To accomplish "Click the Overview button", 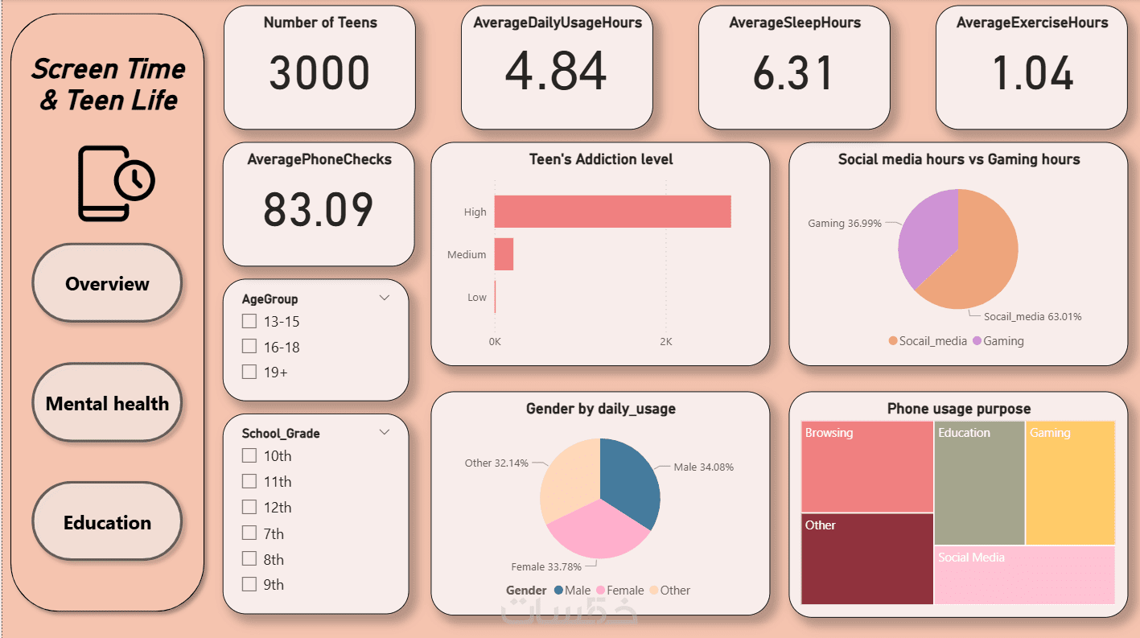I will (x=107, y=283).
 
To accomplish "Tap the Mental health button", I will (x=107, y=403).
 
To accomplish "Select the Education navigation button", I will (x=107, y=522).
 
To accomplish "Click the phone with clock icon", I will (x=115, y=183).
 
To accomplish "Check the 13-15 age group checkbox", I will (x=249, y=322).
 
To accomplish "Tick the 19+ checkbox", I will (x=249, y=372).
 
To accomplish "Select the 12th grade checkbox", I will (x=249, y=508).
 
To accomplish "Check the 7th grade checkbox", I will (x=249, y=533).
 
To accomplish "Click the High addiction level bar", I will (x=611, y=212).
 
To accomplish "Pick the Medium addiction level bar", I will (x=504, y=254).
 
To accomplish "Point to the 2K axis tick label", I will (x=665, y=341).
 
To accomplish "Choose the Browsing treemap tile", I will (x=867, y=467).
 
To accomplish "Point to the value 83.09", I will (x=319, y=210).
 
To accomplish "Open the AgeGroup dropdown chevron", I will (x=385, y=298).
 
